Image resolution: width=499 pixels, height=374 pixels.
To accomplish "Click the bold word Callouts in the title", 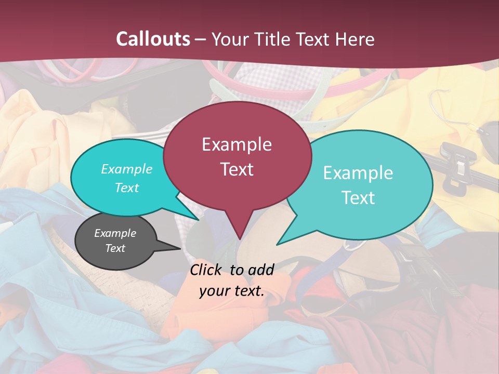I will click(x=153, y=39).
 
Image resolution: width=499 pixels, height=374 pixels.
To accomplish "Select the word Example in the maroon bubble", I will click(x=237, y=144).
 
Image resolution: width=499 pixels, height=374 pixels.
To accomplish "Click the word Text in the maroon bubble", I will click(x=237, y=169).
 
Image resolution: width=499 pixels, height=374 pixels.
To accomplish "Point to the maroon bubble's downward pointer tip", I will click(x=239, y=239).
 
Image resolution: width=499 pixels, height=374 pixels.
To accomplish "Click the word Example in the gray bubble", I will click(x=115, y=233).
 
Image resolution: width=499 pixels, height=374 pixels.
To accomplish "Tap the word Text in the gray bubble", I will click(x=115, y=248).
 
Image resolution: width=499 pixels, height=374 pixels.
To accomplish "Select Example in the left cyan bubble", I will click(x=126, y=169).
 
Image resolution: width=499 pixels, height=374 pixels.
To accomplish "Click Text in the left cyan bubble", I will click(x=126, y=188).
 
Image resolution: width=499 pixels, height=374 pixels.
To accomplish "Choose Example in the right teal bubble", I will click(x=358, y=173).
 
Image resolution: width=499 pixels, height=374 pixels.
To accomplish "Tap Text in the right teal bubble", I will click(x=358, y=198).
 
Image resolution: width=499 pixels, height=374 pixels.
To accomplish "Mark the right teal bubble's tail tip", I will click(x=278, y=244).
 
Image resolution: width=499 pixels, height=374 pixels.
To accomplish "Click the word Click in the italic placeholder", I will click(x=207, y=270).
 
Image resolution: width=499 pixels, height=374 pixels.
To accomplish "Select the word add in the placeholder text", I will click(x=261, y=270).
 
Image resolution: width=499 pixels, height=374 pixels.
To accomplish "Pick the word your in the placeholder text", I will click(x=214, y=291).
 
